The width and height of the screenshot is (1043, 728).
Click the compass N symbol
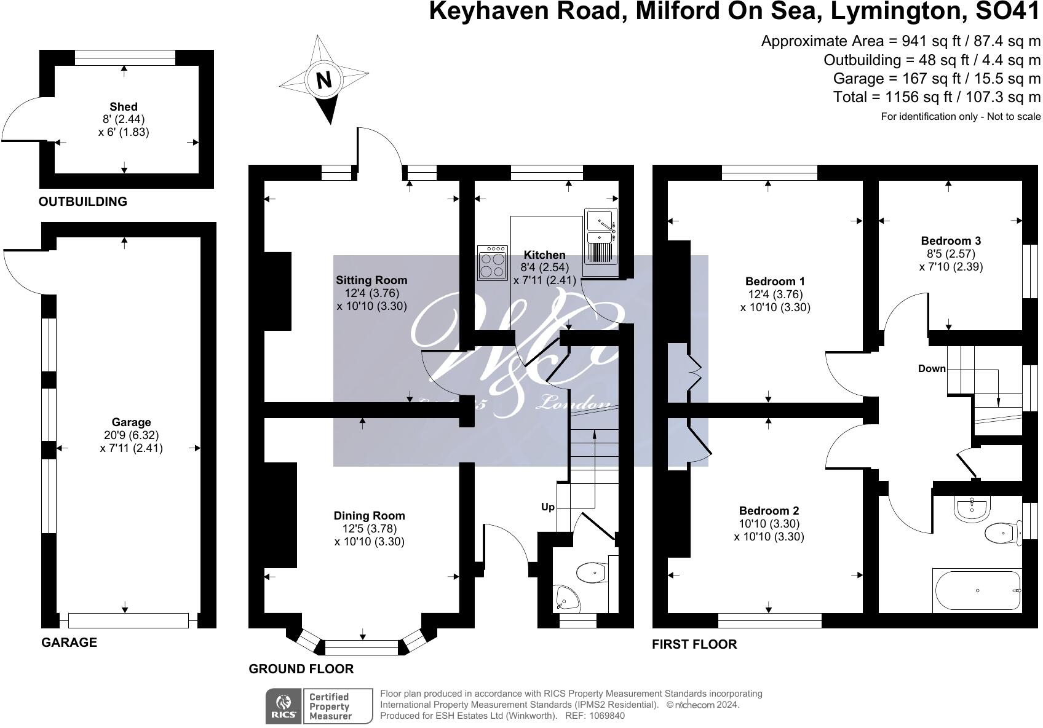tap(324, 80)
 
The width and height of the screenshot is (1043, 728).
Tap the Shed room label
tap(124, 106)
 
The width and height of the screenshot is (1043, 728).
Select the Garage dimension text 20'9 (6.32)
tap(131, 435)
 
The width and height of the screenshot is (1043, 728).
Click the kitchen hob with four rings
tap(493, 263)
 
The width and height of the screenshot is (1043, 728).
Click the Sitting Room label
tap(371, 280)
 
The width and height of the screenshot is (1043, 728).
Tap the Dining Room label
tap(369, 515)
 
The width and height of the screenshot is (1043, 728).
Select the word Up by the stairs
tap(547, 507)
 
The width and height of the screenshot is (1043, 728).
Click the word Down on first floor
tap(932, 368)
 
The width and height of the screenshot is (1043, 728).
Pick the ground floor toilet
tap(592, 573)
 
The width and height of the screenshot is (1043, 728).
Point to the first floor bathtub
tap(977, 591)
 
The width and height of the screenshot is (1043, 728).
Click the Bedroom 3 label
tap(951, 240)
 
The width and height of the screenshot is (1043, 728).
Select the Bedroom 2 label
tap(769, 510)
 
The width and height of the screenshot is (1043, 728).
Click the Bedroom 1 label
tap(775, 281)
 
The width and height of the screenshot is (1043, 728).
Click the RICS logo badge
tap(283, 706)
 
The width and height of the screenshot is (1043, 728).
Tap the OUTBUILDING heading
tap(82, 201)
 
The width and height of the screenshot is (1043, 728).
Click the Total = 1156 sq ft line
tap(937, 97)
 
